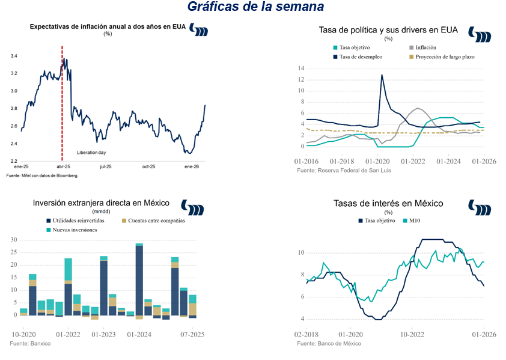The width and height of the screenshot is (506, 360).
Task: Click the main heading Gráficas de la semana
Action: coord(255,7)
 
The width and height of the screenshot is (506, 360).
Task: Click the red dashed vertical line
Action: coord(62,108)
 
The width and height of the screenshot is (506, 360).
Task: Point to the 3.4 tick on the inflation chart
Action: coord(14,56)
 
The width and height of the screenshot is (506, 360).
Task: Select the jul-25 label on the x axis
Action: coord(106,166)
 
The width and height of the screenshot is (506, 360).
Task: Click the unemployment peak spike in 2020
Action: coord(382,75)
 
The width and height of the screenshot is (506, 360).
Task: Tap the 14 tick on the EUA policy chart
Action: coord(301,69)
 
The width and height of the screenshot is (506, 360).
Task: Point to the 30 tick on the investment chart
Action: coord(13,240)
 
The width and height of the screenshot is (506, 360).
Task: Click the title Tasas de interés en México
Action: coord(388,204)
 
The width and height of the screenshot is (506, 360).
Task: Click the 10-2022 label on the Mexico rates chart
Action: coord(414,334)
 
